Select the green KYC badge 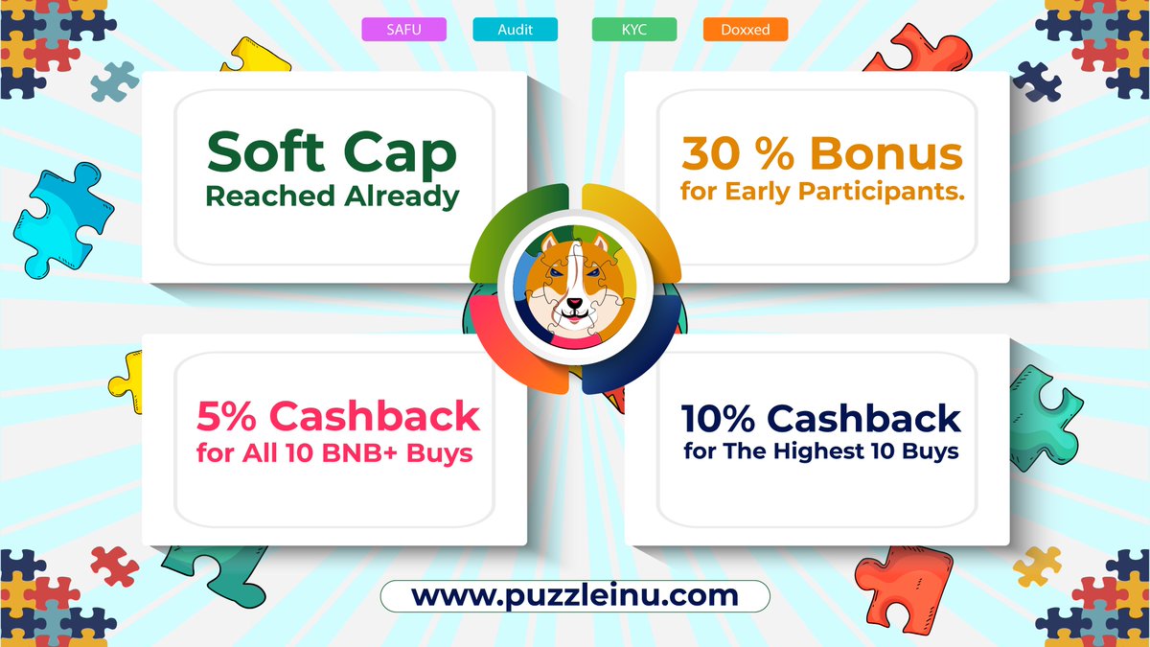point(633,30)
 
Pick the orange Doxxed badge point(745,30)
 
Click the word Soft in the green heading point(259,153)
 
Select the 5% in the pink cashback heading point(228,416)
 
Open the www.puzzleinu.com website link point(575,595)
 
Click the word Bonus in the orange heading point(886,153)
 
